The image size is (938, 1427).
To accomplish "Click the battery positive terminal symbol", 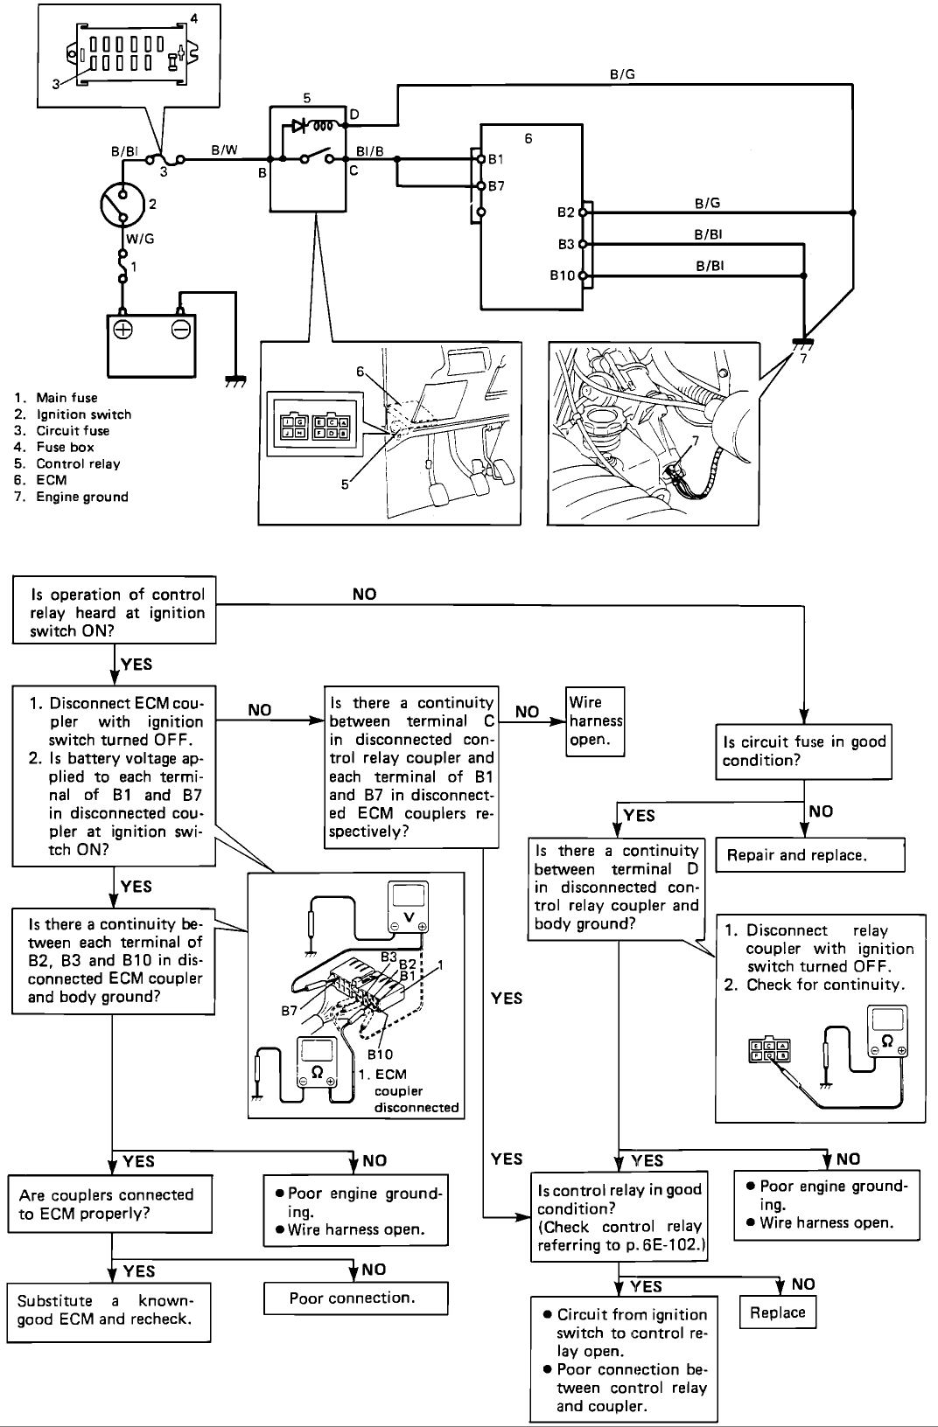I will pyautogui.click(x=122, y=331).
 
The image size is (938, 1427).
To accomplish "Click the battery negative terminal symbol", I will pyautogui.click(x=180, y=331).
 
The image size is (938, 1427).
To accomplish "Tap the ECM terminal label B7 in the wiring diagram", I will pyautogui.click(x=496, y=186).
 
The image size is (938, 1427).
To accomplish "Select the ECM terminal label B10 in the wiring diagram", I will pyautogui.click(x=563, y=276).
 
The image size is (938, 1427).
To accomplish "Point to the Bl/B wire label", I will pyautogui.click(x=370, y=150).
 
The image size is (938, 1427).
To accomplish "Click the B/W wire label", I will pyautogui.click(x=225, y=150).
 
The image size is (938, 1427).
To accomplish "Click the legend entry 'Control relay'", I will pyautogui.click(x=78, y=463).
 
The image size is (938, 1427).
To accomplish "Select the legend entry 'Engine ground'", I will pyautogui.click(x=81, y=497).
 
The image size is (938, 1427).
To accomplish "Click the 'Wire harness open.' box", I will pyautogui.click(x=595, y=720).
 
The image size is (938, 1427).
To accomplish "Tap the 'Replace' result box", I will pyautogui.click(x=777, y=1312).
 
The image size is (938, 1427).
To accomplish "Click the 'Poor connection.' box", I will pyautogui.click(x=355, y=1298).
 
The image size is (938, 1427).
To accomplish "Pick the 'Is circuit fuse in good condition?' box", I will pyautogui.click(x=803, y=750).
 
